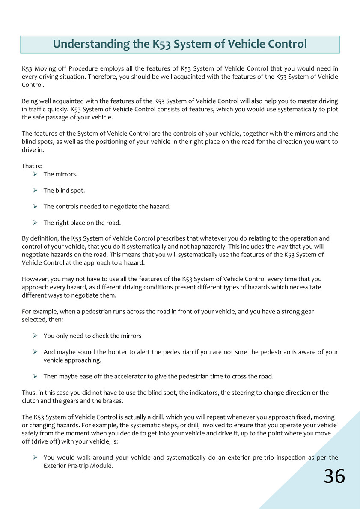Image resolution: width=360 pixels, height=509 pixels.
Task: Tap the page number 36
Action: coord(334,476)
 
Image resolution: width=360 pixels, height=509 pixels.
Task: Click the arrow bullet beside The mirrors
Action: coord(36,174)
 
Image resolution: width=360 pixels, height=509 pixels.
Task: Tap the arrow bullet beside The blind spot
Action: coord(36,190)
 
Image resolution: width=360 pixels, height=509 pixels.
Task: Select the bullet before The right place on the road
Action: coord(36,223)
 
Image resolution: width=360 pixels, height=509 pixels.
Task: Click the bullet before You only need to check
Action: coord(36,336)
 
